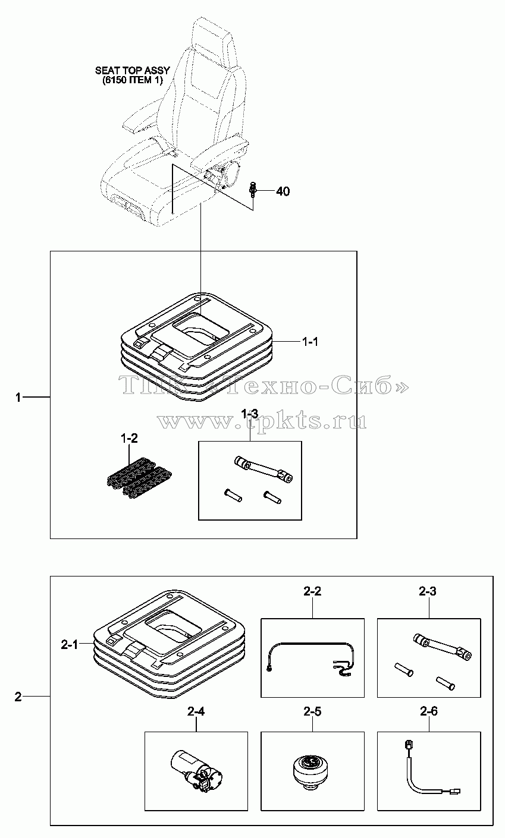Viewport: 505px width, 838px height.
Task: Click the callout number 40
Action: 283,191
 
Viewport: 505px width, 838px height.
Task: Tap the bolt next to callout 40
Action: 253,188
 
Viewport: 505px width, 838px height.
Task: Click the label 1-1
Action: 310,342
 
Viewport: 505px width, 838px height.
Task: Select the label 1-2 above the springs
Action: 130,438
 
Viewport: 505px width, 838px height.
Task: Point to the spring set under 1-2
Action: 139,477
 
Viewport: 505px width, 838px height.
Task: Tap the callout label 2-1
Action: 69,645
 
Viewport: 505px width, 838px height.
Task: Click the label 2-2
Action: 312,591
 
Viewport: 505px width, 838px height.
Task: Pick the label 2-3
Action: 428,591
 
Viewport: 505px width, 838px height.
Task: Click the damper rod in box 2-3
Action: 442,647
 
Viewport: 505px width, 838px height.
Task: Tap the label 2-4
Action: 196,711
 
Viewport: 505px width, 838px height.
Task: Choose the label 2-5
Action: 312,711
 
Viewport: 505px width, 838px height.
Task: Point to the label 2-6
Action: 429,711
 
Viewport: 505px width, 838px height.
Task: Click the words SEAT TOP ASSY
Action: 133,70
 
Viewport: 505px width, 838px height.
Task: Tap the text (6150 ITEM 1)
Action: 133,80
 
